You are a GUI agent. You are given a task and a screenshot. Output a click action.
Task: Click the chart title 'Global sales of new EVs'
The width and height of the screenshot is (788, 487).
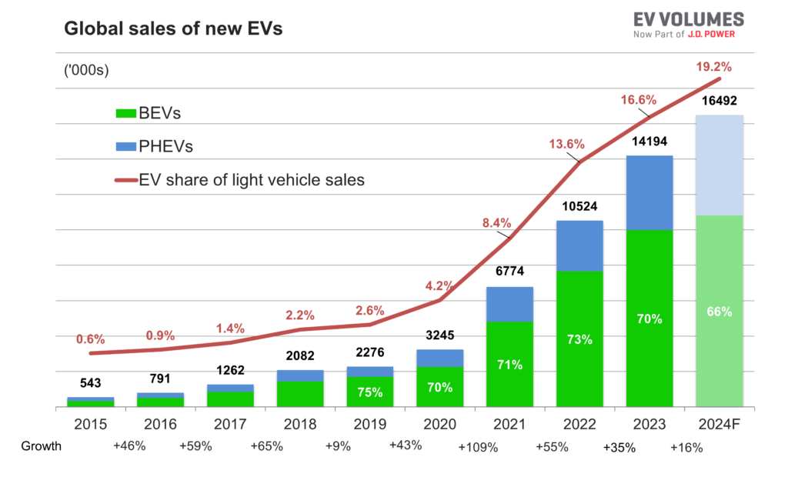pyautogui.click(x=173, y=29)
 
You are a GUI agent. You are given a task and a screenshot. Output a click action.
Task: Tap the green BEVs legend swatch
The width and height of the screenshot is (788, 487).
pyautogui.click(x=125, y=114)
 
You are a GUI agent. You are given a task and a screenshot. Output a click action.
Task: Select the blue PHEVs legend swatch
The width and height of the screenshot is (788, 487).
pyautogui.click(x=125, y=146)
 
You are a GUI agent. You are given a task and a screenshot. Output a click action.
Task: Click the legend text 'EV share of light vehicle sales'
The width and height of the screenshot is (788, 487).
pyautogui.click(x=252, y=181)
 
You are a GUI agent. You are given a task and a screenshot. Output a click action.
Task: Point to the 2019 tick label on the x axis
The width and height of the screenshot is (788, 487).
pyautogui.click(x=369, y=424)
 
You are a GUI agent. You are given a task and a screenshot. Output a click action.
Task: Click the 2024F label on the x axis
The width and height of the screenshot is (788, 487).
pyautogui.click(x=719, y=424)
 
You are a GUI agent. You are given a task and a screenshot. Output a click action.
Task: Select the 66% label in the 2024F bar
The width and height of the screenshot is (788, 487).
pyautogui.click(x=719, y=312)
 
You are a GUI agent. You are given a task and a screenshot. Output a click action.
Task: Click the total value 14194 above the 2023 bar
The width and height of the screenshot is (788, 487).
pyautogui.click(x=649, y=142)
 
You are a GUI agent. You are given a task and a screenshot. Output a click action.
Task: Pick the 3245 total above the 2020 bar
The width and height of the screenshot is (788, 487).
pyautogui.click(x=439, y=336)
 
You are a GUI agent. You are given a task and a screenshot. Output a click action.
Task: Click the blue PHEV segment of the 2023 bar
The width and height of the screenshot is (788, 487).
pyautogui.click(x=649, y=192)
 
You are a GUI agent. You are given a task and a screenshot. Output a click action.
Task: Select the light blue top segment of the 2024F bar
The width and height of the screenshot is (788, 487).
pyautogui.click(x=719, y=165)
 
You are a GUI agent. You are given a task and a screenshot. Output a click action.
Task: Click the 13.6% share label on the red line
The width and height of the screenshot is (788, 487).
pyautogui.click(x=566, y=144)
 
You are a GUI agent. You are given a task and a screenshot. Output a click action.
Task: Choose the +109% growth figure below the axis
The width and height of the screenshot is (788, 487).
pyautogui.click(x=477, y=446)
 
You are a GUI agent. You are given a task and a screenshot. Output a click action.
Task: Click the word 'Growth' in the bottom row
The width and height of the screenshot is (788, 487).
pyautogui.click(x=41, y=445)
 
